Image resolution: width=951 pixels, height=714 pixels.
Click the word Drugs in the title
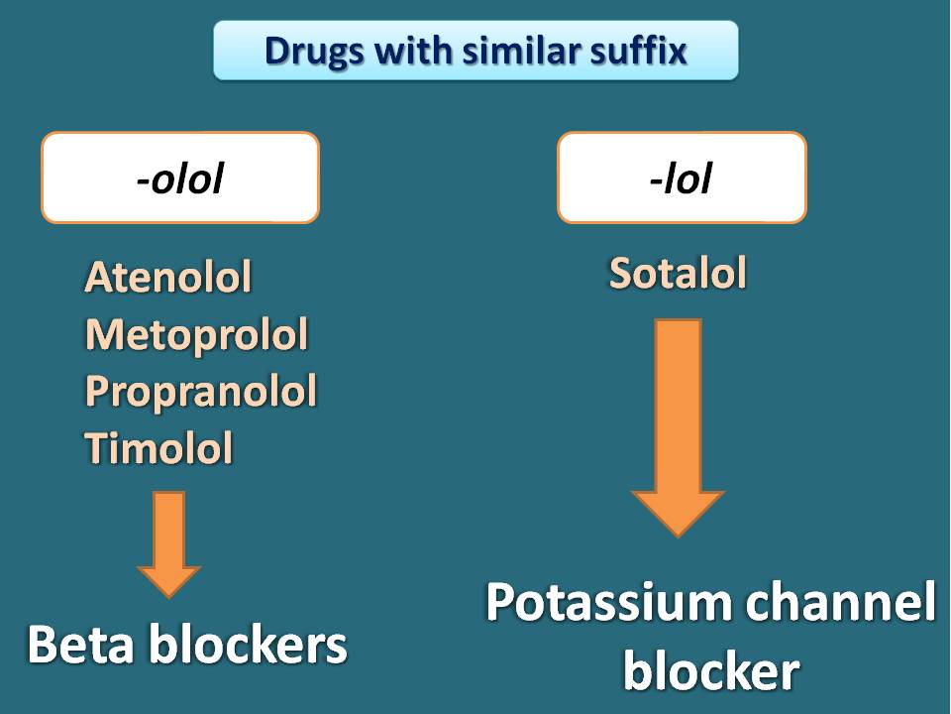click(x=312, y=52)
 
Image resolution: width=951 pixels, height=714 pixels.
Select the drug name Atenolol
click(x=168, y=277)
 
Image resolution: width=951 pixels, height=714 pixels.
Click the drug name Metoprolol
click(x=196, y=334)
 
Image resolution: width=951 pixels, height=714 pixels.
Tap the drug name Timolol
click(x=158, y=448)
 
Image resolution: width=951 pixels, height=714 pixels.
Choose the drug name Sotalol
click(x=678, y=273)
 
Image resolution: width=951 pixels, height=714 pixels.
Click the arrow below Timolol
click(x=168, y=544)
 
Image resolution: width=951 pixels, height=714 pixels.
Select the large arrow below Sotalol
click(x=678, y=427)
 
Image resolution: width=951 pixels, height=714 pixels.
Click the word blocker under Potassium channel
click(x=711, y=671)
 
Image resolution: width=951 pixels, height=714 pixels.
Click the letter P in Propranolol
click(x=97, y=391)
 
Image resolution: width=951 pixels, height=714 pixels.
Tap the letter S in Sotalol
click(x=621, y=274)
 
